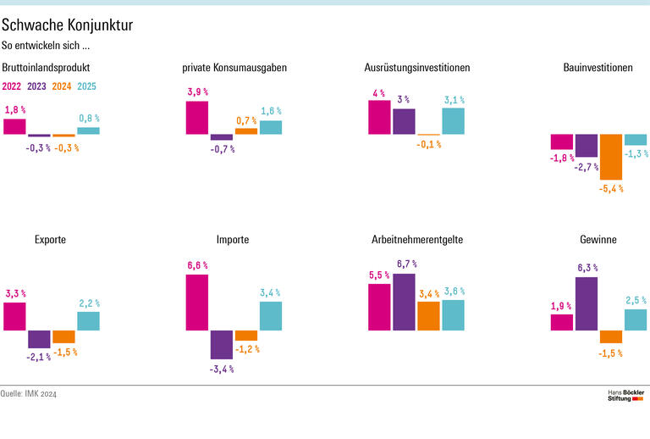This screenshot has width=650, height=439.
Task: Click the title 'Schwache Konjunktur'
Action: coord(67,26)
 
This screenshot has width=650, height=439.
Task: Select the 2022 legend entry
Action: coord(13,86)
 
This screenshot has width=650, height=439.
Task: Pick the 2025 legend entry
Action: coord(87,86)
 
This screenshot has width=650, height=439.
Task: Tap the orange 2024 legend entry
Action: coord(62,86)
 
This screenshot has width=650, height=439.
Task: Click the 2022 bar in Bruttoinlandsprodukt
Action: coord(14,126)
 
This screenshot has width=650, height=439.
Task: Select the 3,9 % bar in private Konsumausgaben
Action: coord(196,118)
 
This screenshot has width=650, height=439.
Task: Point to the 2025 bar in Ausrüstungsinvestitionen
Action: coord(453,121)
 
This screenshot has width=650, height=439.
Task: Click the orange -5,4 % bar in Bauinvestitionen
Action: coord(610,157)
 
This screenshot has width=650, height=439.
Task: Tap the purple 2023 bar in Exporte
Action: coord(39,339)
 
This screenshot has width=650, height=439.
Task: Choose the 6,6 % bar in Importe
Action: coord(196,302)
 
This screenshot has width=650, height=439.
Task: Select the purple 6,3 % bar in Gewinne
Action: coord(587,303)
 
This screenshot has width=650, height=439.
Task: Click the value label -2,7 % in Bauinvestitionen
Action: coord(586,168)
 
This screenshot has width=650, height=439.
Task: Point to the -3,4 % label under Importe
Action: coord(221,369)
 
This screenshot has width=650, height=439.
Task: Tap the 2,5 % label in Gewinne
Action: coord(636,300)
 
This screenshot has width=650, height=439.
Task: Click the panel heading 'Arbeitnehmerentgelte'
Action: coord(416,240)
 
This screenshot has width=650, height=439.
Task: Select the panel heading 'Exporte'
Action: coord(50,240)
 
